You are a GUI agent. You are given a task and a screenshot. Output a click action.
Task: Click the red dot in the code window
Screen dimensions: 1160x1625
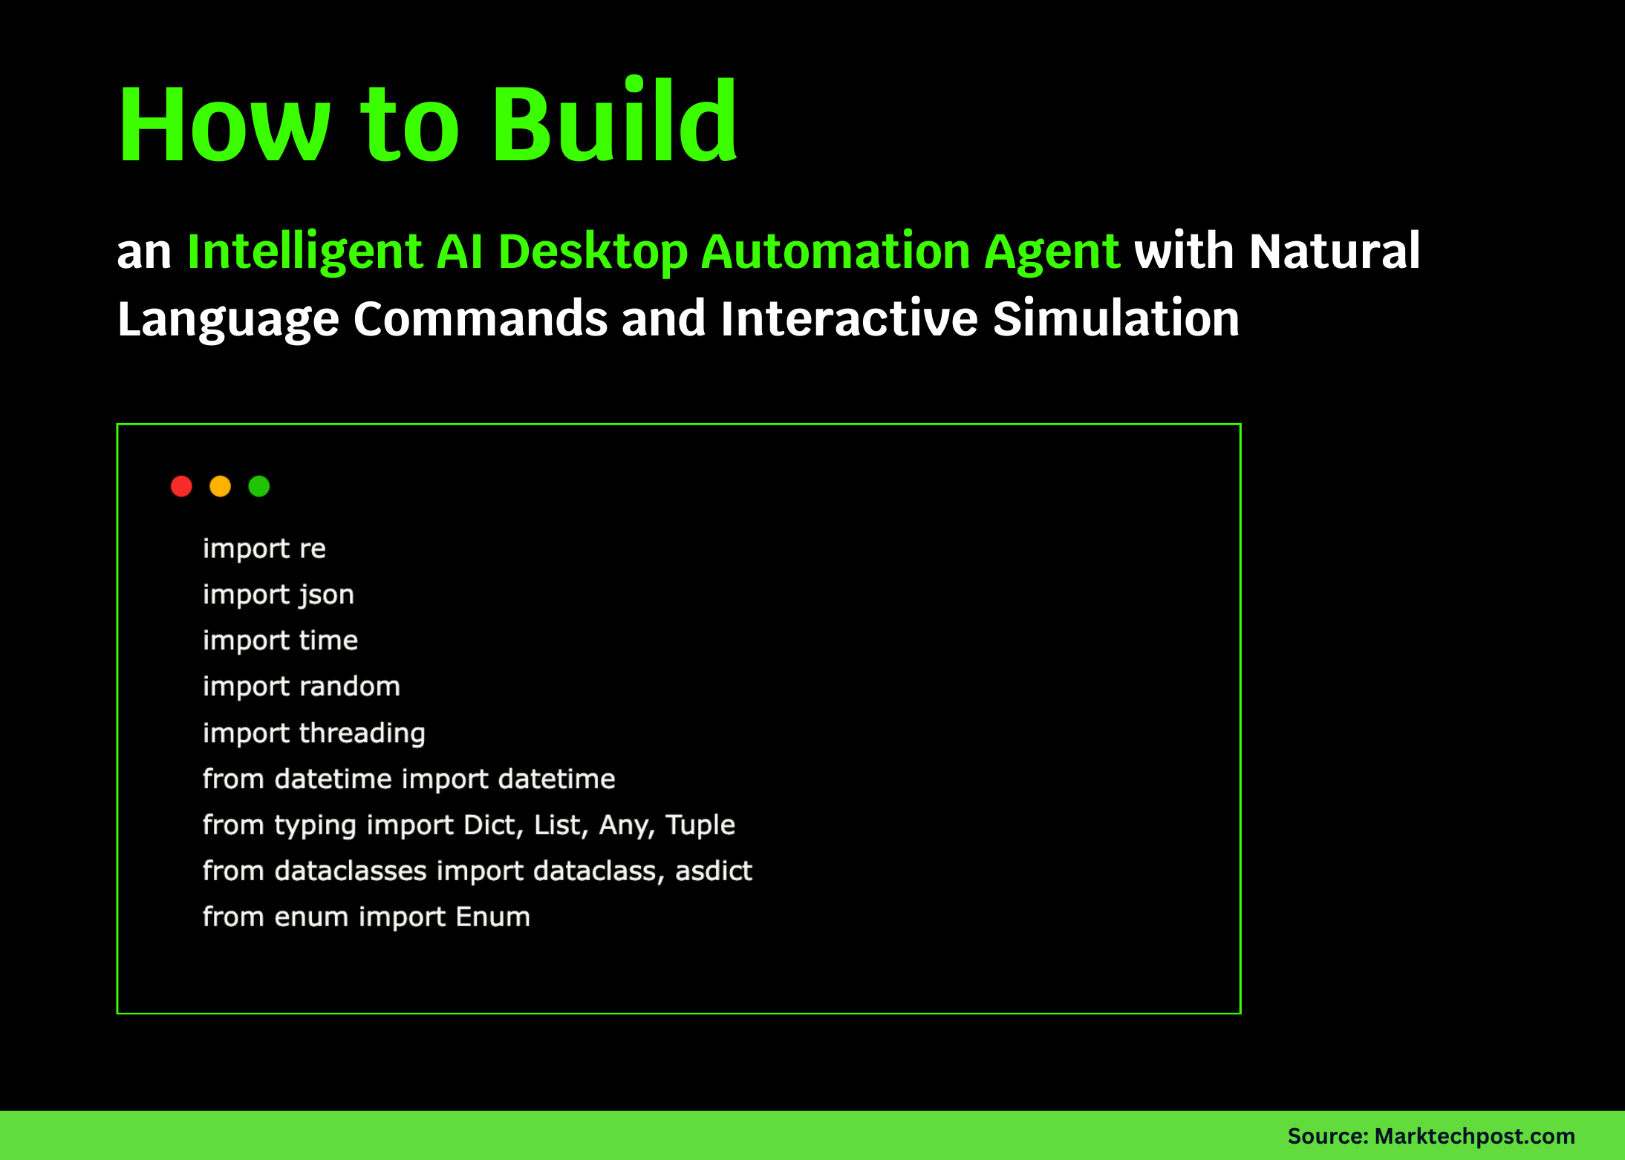pyautogui.click(x=181, y=486)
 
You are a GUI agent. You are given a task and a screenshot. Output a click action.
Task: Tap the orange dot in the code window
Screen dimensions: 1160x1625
pyautogui.click(x=220, y=486)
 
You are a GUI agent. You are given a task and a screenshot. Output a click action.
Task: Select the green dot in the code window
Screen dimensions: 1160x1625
pyautogui.click(x=259, y=486)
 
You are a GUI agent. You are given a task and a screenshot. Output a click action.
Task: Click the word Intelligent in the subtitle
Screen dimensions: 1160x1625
pyautogui.click(x=305, y=252)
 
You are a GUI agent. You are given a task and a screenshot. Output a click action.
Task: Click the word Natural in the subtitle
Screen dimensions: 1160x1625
pyautogui.click(x=1335, y=252)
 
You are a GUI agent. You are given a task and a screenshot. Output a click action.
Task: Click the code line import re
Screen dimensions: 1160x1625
pyautogui.click(x=264, y=549)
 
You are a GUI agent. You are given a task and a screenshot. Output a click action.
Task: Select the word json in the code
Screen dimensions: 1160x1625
pyautogui.click(x=326, y=595)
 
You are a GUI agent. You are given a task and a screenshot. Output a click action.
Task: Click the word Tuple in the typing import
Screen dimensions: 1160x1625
pyautogui.click(x=700, y=825)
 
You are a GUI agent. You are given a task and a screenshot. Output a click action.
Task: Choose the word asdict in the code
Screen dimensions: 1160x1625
pyautogui.click(x=713, y=871)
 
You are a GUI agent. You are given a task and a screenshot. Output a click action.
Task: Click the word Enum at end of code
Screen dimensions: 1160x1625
pyautogui.click(x=492, y=917)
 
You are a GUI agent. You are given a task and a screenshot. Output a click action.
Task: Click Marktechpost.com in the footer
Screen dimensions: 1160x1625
pyautogui.click(x=1474, y=1136)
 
